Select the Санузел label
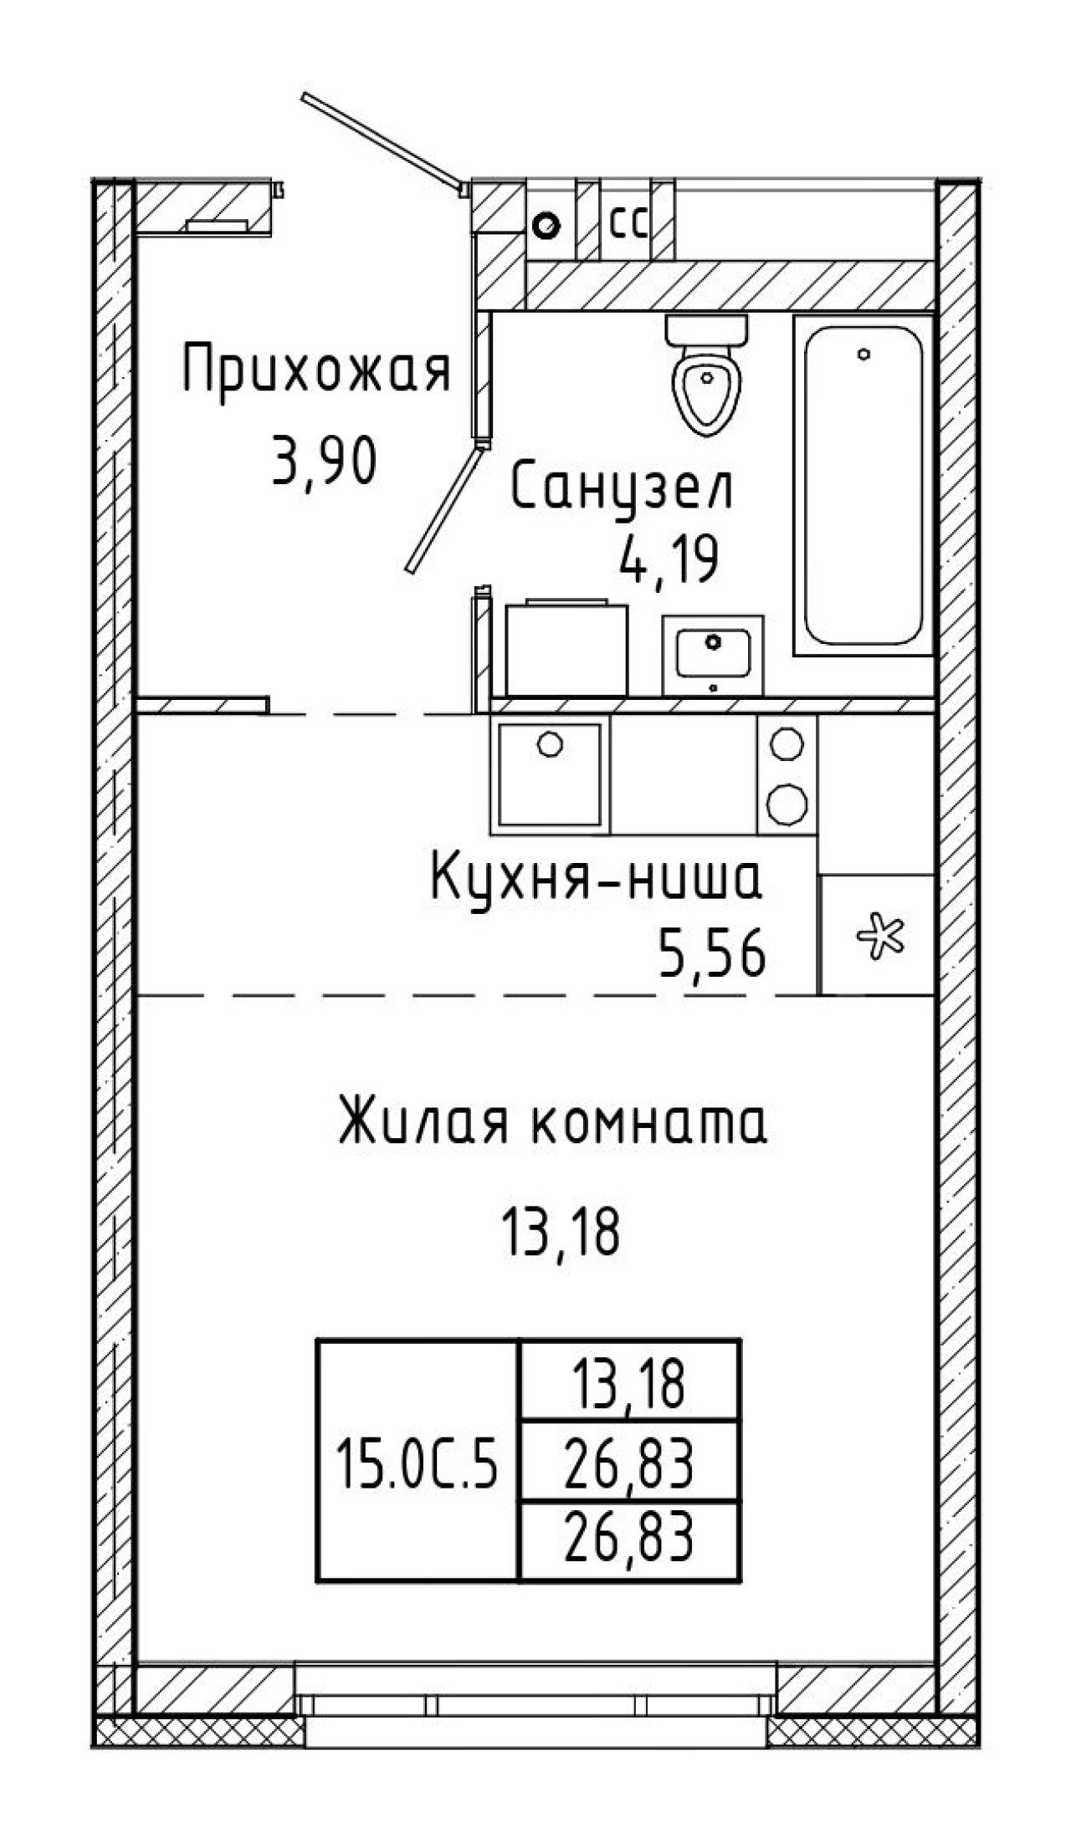tap(622, 489)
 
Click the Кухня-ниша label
tap(597, 880)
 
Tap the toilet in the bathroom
tap(705, 374)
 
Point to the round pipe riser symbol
tap(548, 225)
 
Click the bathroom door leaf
tap(443, 508)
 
